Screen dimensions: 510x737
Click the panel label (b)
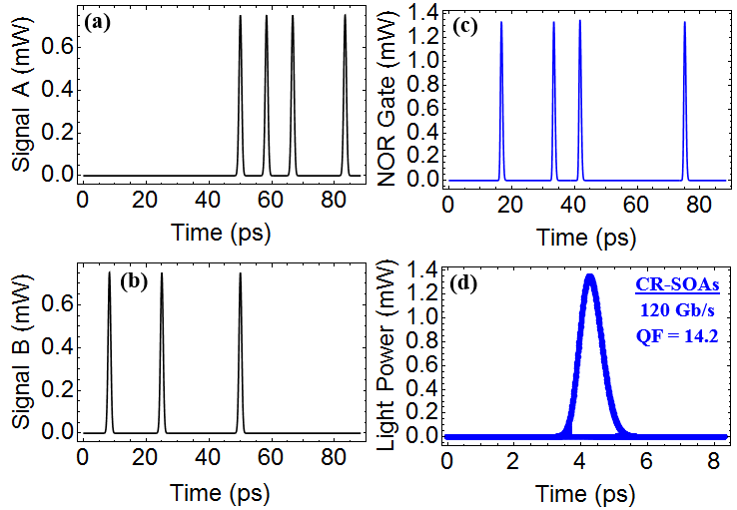pyautogui.click(x=134, y=280)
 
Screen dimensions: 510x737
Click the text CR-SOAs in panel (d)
pyautogui.click(x=677, y=285)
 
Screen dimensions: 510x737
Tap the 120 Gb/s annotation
pyautogui.click(x=677, y=310)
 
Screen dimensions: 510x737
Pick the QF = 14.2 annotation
pyautogui.click(x=677, y=335)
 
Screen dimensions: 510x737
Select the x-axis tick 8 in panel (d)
pyautogui.click(x=710, y=463)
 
